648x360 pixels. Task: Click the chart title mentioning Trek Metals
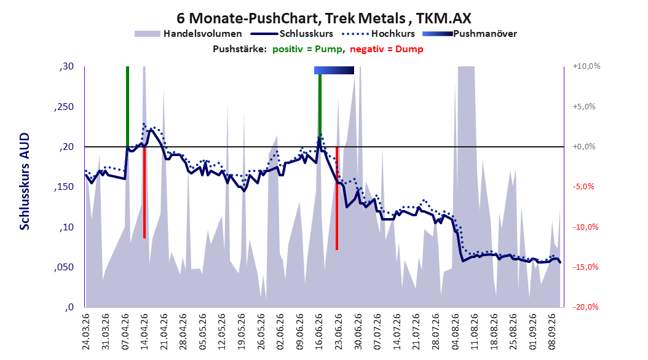[x=323, y=18]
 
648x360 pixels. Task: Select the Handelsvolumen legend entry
[x=189, y=34]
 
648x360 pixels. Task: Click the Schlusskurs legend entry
[x=291, y=34]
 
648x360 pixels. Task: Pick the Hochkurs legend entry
[x=378, y=34]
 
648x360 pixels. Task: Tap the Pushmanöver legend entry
[x=470, y=34]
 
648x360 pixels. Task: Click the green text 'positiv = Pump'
[x=307, y=49]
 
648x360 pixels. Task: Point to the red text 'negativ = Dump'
[x=387, y=49]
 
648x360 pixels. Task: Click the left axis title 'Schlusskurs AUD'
[x=25, y=181]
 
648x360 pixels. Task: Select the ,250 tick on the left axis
[x=64, y=106]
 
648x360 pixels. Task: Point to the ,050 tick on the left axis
[x=64, y=267]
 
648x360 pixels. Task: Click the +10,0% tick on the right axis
[x=587, y=66]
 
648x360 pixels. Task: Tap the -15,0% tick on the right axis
[x=585, y=267]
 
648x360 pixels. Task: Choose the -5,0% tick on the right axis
[x=583, y=187]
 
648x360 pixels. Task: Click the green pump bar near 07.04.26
[x=127, y=106]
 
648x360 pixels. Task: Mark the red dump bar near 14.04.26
[x=144, y=192]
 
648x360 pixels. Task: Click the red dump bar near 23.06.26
[x=337, y=198]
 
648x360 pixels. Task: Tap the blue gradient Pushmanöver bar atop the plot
[x=334, y=70]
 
